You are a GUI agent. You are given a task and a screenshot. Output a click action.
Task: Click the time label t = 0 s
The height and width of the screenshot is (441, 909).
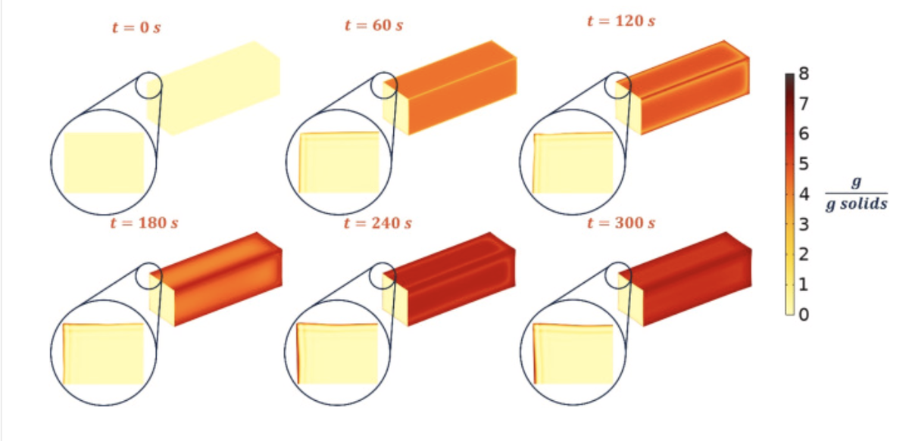[x=136, y=27]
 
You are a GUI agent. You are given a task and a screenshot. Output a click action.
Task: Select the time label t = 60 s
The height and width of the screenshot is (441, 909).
[x=373, y=25]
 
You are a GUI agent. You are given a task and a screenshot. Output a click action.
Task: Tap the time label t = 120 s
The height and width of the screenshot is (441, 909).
[x=621, y=20]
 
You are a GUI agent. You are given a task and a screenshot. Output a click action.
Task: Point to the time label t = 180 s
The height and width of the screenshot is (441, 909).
[x=144, y=223]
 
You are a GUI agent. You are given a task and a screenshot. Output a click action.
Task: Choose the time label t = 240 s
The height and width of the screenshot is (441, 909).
[x=377, y=223]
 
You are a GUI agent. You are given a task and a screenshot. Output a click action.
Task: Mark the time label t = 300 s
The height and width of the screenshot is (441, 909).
[x=621, y=223]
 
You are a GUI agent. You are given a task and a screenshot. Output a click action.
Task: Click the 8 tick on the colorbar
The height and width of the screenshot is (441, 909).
[x=804, y=74]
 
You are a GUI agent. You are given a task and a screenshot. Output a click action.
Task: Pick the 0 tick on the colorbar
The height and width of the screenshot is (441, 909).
[x=804, y=315]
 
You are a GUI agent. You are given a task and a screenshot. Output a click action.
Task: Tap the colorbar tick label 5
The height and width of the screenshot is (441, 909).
[x=804, y=163]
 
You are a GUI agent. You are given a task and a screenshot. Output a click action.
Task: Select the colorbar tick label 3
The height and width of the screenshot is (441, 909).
[x=804, y=224]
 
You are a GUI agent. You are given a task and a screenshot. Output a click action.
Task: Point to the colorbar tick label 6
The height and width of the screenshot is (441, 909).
[x=804, y=134]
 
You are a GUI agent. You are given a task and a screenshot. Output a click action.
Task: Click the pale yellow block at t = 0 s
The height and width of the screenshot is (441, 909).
[x=214, y=89]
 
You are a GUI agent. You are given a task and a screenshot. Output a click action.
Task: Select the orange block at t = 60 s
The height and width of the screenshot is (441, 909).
[x=450, y=88]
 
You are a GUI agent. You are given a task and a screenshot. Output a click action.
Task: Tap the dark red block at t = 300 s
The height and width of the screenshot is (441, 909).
[x=685, y=279]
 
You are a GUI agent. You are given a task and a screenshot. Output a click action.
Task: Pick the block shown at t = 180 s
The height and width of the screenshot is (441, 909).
[x=216, y=279]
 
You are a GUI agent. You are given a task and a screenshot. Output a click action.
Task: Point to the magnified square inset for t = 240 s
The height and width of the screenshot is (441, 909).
[x=338, y=353]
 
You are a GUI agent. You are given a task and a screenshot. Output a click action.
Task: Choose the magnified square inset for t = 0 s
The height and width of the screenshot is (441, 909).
[x=104, y=163]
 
